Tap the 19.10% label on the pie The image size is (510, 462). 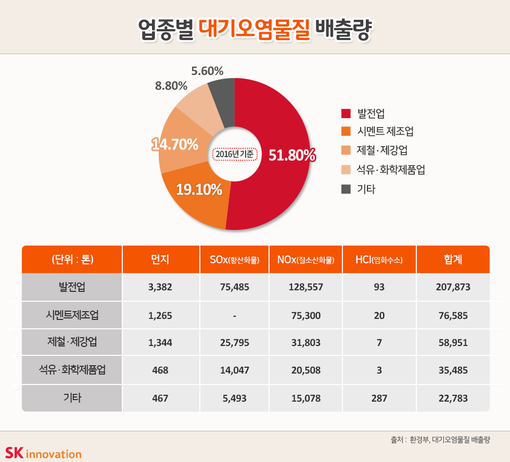[x=199, y=190]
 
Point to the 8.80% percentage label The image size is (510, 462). [x=171, y=86]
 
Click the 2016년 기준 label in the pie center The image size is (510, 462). [x=235, y=155]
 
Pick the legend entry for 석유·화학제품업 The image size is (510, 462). [x=391, y=170]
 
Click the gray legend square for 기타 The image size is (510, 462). [x=346, y=189]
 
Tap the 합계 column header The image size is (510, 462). [x=453, y=260]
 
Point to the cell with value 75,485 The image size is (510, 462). [x=235, y=287]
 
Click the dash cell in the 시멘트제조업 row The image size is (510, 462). [x=235, y=315]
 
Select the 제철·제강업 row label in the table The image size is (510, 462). [x=72, y=342]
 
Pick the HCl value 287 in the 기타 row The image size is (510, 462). [x=379, y=399]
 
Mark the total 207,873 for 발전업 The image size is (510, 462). [x=453, y=287]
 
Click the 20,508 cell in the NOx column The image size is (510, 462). [x=305, y=370]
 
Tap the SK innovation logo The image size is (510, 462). [x=43, y=453]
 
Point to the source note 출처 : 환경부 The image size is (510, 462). [x=440, y=440]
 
